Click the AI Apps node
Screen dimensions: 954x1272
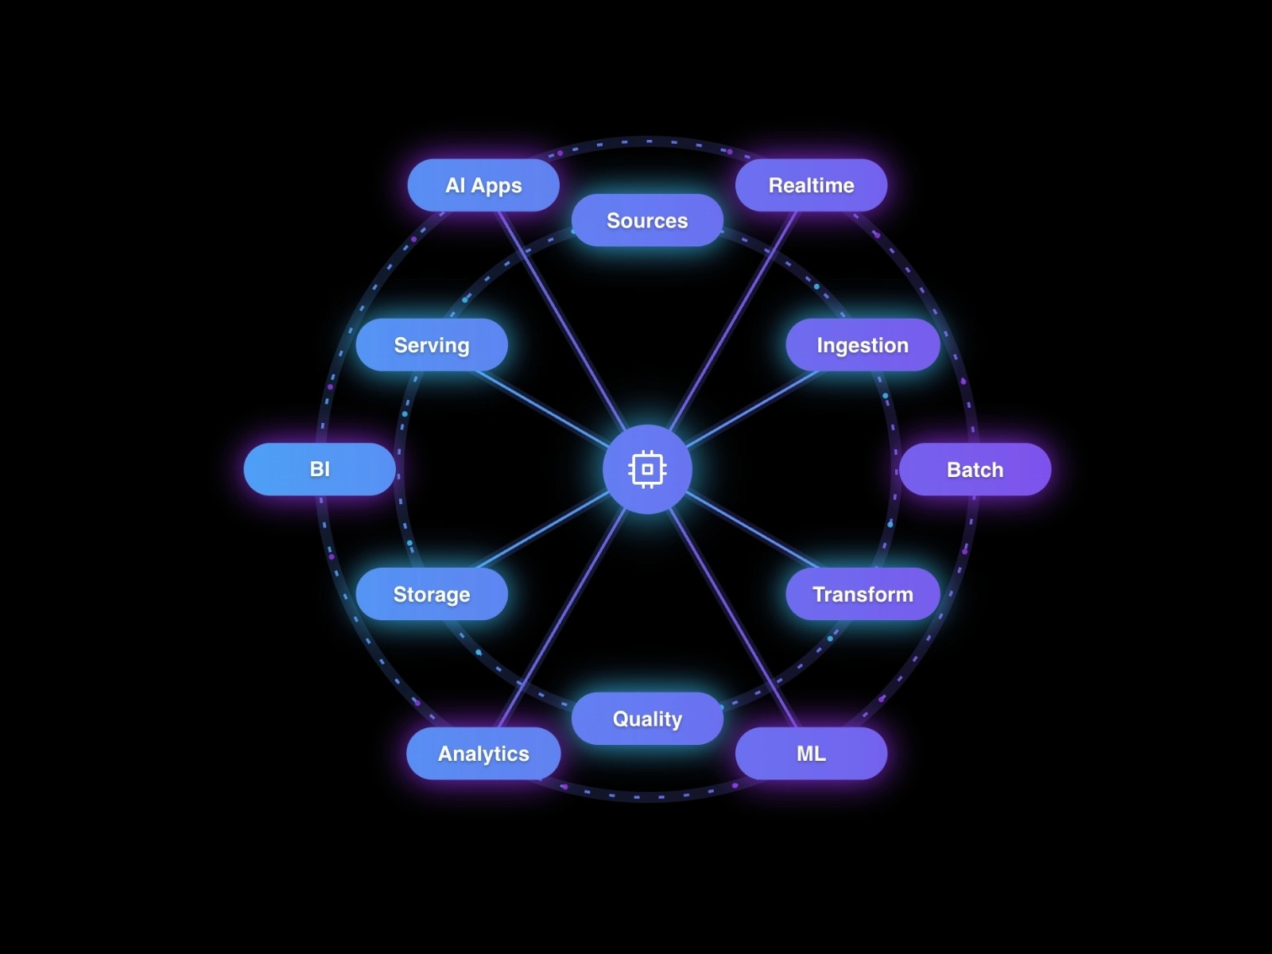tap(483, 185)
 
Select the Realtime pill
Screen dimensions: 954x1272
tap(811, 185)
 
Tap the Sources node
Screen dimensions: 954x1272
tap(647, 220)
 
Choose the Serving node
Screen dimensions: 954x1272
tap(432, 345)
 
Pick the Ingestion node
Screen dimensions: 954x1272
tap(863, 345)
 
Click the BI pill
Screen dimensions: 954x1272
tap(320, 469)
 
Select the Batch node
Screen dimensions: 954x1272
tap(975, 469)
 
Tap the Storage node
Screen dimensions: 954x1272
tap(432, 594)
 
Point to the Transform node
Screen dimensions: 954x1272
tap(863, 594)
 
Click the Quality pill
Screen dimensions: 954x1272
tap(647, 719)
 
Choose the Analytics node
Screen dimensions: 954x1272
tap(483, 753)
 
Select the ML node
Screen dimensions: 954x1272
tap(811, 753)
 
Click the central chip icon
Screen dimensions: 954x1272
tap(647, 469)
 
